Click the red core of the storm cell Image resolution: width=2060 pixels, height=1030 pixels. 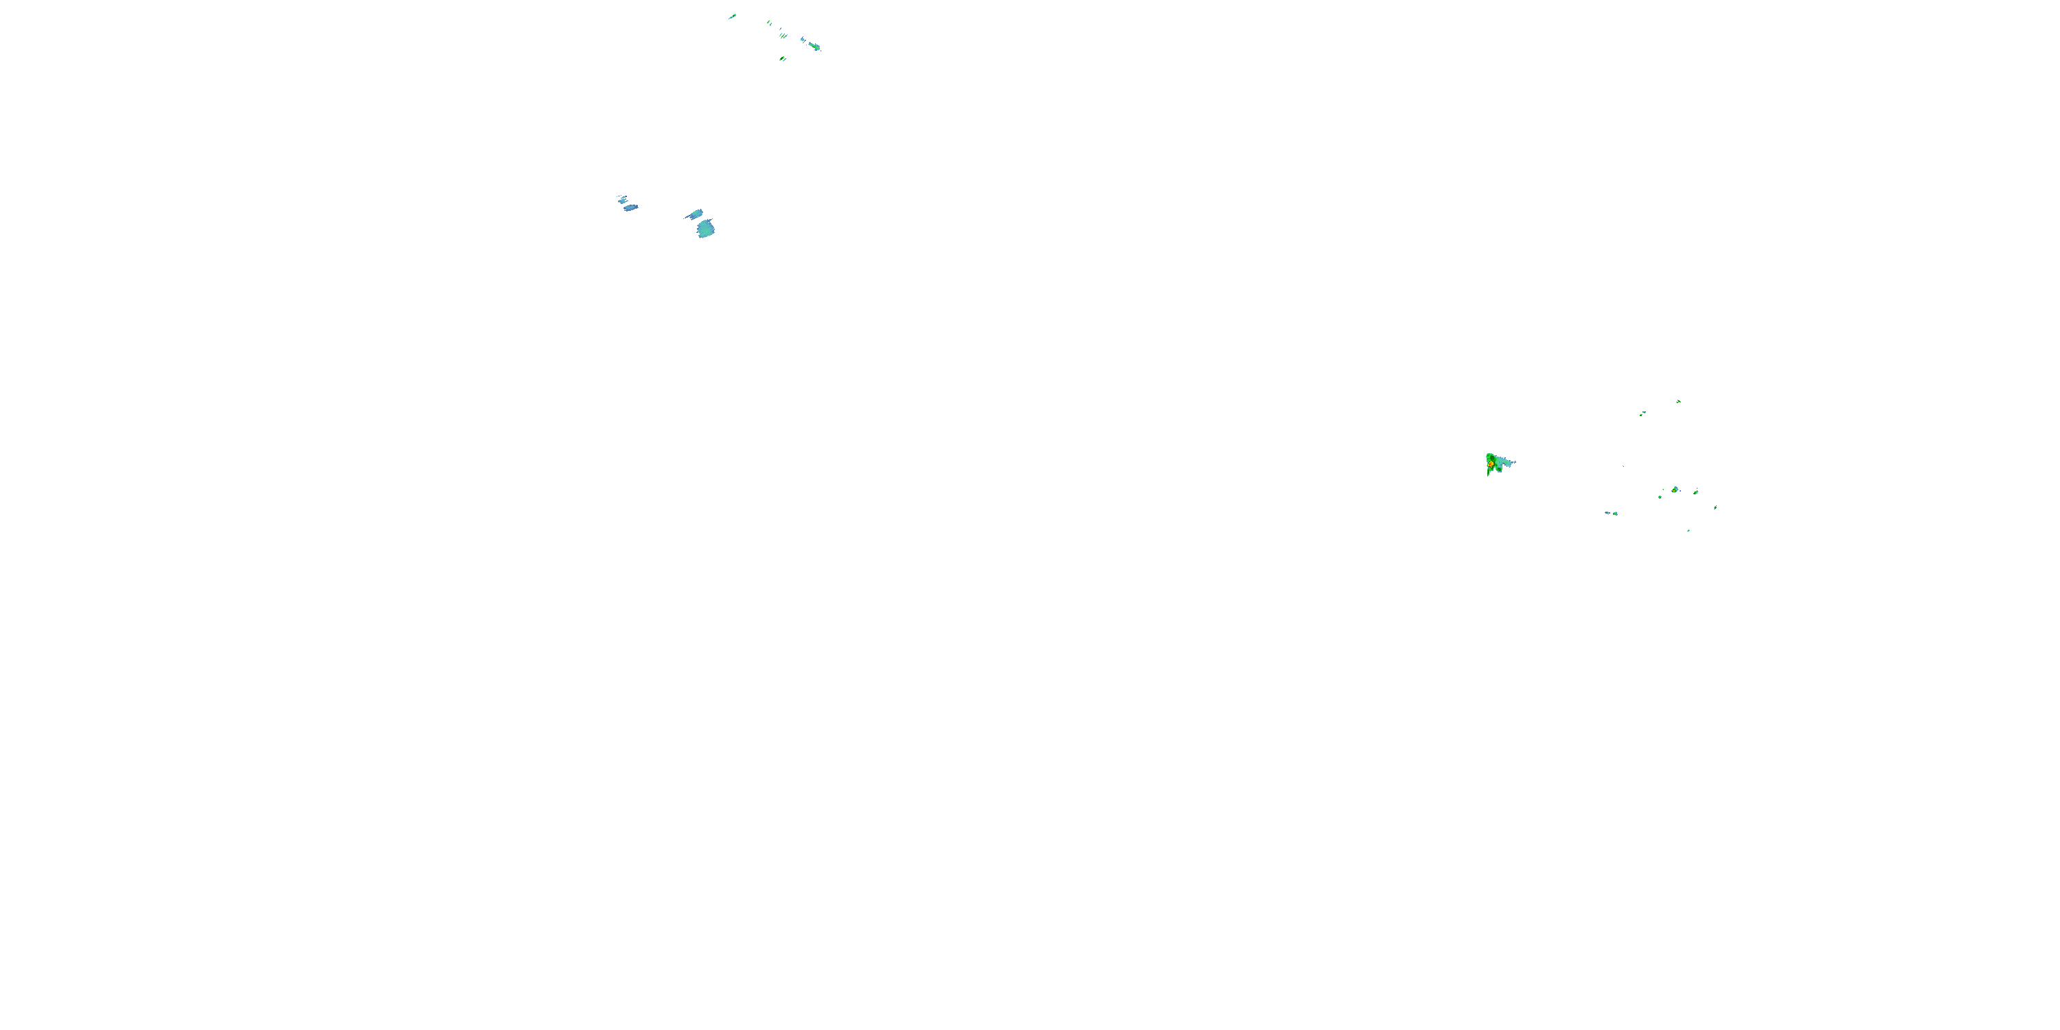[1491, 463]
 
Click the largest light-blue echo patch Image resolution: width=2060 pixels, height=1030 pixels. [705, 229]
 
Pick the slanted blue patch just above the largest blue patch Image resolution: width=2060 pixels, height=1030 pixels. [696, 214]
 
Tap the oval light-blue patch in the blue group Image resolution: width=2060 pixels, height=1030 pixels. [631, 208]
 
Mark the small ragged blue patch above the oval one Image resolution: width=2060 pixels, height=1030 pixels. [621, 198]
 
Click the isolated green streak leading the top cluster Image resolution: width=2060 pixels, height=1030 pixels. [733, 16]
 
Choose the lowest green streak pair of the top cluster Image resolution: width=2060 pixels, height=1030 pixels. [783, 58]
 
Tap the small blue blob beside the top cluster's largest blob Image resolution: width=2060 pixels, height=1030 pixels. [803, 39]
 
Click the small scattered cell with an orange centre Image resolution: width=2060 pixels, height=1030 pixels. [1675, 490]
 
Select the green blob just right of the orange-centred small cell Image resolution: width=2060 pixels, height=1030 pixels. [1695, 492]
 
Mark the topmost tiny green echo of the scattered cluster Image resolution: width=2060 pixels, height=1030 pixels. [1678, 402]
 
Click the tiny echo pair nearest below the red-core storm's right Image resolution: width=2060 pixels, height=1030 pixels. [1610, 514]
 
